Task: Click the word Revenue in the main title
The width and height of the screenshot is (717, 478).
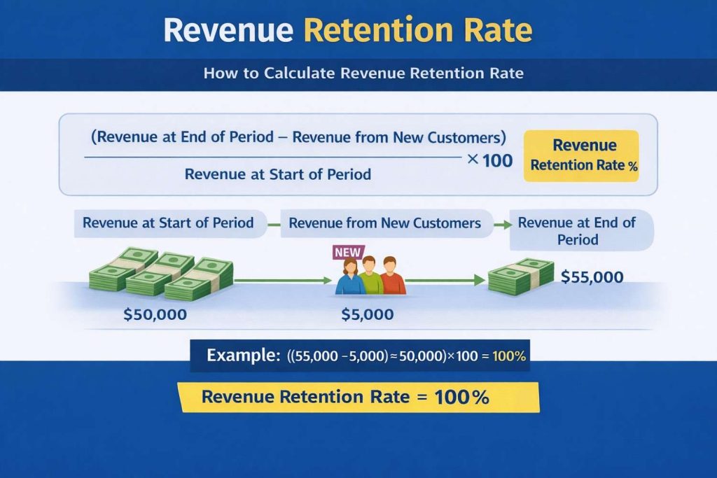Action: pos(228,31)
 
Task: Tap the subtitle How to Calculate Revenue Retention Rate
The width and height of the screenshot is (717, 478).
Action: pos(363,73)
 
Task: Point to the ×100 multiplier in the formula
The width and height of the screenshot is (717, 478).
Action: pos(489,160)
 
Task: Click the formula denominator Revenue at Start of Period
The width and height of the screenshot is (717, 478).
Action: pos(277,174)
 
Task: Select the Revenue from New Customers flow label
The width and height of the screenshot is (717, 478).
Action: pos(384,223)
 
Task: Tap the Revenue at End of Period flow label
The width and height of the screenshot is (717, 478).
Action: pos(577,230)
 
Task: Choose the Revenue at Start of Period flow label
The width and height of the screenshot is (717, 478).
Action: pos(168,223)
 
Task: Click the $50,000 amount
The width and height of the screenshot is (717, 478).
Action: pos(155,314)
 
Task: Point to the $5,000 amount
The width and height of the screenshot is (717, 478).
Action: pos(367,314)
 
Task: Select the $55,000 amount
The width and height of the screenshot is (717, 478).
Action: pos(592,277)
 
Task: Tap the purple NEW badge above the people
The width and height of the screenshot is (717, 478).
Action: pos(348,251)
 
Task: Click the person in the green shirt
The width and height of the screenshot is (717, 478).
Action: pos(371,277)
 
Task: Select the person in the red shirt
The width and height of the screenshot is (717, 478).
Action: pos(394,279)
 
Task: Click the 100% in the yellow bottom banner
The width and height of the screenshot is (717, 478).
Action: pos(461,397)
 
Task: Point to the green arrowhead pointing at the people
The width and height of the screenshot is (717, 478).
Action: pos(326,281)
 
